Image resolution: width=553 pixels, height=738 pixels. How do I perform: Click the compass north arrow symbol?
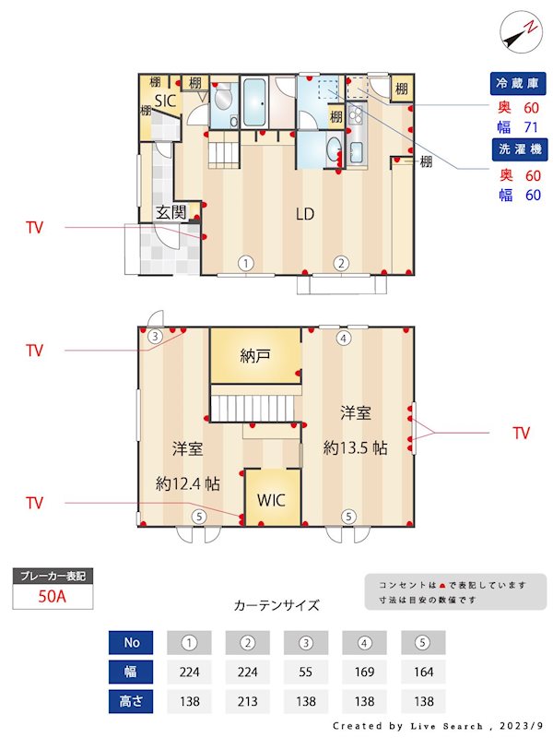point(519,32)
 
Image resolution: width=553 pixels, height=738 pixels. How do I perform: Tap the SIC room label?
point(166,101)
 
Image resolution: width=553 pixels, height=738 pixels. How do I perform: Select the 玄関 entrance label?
point(171,212)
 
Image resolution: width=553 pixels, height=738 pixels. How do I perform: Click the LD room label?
point(305,214)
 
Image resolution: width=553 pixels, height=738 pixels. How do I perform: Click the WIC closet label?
point(272,501)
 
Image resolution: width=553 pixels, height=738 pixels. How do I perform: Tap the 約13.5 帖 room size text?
point(355,448)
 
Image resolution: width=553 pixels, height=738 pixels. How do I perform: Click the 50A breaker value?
point(53,596)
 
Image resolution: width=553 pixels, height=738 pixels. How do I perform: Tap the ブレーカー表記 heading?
point(53,577)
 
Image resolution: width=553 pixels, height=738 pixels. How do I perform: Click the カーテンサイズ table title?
point(276,605)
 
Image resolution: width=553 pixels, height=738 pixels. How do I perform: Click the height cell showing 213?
point(248,701)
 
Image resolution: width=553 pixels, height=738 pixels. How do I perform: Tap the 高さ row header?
point(130,701)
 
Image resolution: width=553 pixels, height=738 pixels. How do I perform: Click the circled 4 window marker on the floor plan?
point(344,339)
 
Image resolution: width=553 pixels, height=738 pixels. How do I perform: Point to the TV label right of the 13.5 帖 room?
point(521,433)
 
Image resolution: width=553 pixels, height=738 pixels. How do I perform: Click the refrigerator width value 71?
point(531,127)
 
